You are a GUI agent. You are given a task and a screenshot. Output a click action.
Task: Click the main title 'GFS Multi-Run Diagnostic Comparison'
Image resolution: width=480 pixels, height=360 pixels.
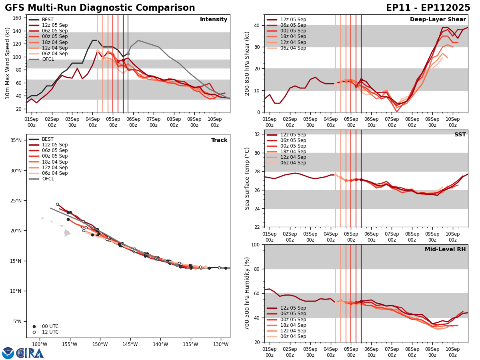click(100, 8)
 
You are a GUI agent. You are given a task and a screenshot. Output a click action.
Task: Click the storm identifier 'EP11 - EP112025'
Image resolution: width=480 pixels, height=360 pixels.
click(428, 8)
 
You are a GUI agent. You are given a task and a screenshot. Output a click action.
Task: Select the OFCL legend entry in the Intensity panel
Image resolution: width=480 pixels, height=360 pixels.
click(48, 59)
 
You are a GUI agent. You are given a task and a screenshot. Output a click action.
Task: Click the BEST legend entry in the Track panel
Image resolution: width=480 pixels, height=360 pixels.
click(48, 139)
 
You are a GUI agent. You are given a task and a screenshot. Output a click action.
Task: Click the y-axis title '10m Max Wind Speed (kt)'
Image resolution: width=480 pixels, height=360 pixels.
click(8, 63)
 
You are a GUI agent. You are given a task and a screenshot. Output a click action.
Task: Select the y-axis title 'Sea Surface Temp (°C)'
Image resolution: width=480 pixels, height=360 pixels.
click(247, 178)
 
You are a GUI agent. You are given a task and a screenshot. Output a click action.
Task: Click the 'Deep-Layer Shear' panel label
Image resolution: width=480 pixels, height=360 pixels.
click(438, 20)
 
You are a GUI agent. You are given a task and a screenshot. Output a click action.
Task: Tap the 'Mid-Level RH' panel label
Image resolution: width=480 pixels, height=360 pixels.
click(445, 250)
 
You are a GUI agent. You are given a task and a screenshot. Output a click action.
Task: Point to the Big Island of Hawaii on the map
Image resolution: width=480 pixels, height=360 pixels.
click(67, 233)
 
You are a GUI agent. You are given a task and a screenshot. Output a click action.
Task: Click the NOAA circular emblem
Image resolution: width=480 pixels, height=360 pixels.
click(8, 353)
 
